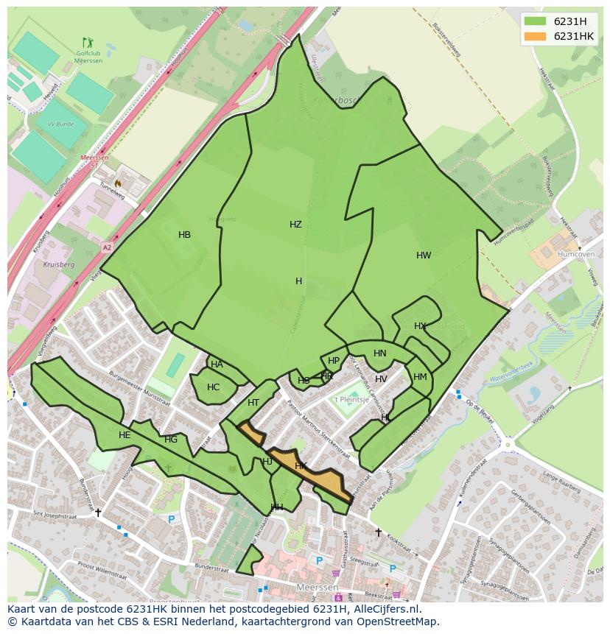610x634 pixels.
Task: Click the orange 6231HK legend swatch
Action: click(536, 36)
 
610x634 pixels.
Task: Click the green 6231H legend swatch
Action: click(536, 21)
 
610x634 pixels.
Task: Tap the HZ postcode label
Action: click(295, 225)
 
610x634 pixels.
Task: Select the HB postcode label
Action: click(184, 235)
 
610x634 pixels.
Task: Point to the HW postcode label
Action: click(424, 256)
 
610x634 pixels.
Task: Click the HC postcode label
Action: click(213, 387)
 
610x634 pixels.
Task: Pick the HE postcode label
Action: click(125, 435)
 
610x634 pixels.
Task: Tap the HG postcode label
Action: click(171, 440)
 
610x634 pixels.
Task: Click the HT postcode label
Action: click(253, 403)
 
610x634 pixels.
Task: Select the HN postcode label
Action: click(380, 353)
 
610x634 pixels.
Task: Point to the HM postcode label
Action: click(420, 377)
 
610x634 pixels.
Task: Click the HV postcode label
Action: click(381, 379)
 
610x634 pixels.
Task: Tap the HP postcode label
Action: click(334, 361)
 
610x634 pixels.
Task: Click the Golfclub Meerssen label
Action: click(88, 57)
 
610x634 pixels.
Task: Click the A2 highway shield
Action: click(107, 248)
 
